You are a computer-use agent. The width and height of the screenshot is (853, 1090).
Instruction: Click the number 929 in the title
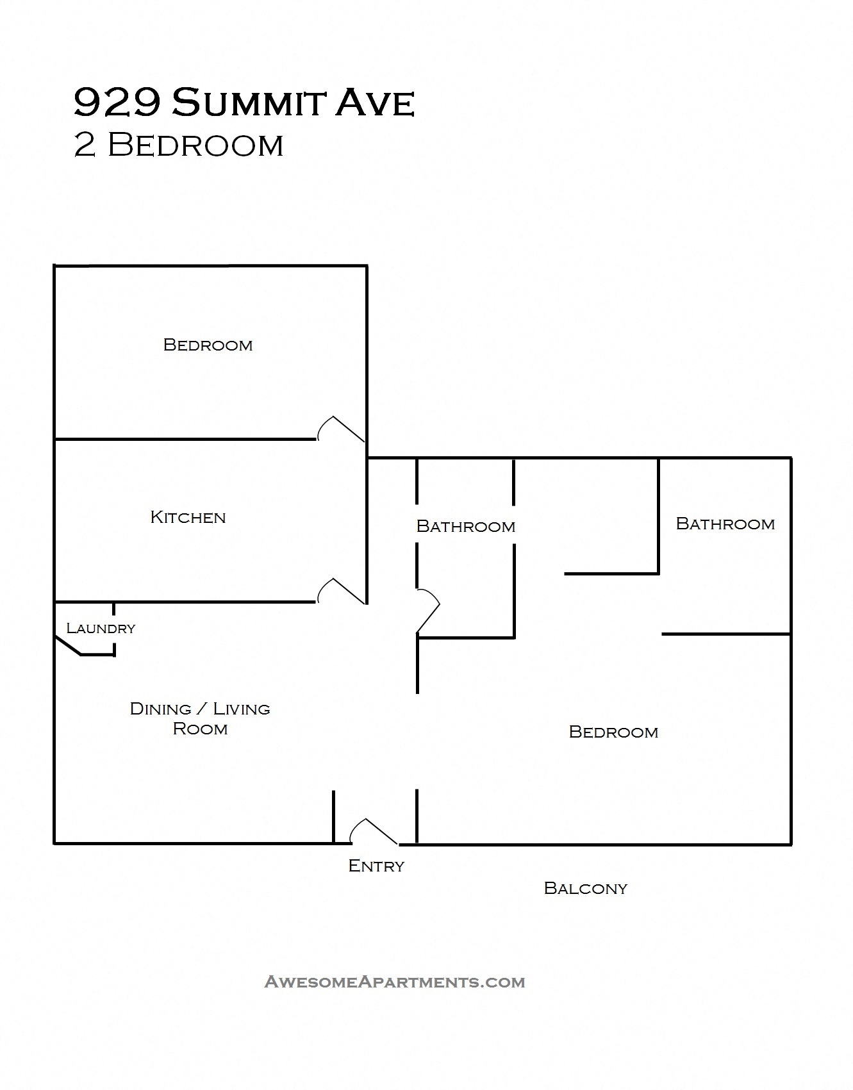[x=116, y=103]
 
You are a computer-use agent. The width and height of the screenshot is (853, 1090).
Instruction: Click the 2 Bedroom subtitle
[x=178, y=145]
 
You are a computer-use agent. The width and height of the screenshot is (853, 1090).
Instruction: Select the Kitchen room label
[x=188, y=517]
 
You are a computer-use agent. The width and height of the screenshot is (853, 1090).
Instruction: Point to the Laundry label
[x=101, y=628]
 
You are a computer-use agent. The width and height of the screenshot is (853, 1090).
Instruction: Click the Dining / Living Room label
[x=200, y=718]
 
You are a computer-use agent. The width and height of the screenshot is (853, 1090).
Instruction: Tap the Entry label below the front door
[x=376, y=866]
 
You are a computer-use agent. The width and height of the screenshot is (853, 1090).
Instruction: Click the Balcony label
[x=585, y=888]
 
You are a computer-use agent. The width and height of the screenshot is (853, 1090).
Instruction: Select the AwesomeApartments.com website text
[x=394, y=982]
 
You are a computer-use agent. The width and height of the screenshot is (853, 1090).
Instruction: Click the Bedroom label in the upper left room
[x=208, y=345]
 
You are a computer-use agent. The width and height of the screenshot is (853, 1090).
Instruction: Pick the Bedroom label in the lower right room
[x=613, y=732]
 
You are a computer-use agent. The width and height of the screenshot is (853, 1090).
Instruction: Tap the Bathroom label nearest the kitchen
[x=465, y=526]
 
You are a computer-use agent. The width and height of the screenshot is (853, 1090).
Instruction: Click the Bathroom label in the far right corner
[x=725, y=524]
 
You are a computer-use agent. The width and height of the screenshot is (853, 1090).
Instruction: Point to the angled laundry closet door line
[x=67, y=646]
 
